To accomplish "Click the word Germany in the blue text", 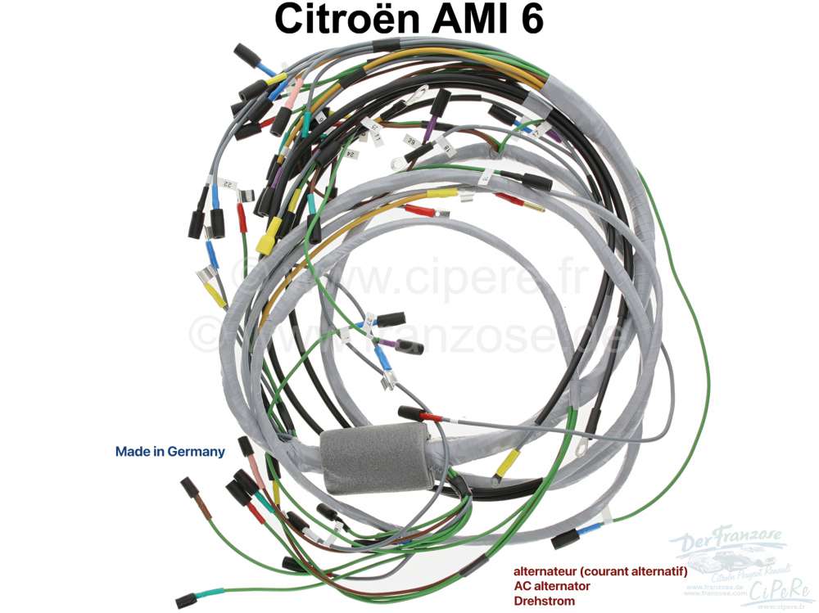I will tap(195, 451).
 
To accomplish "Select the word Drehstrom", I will tap(544, 601).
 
